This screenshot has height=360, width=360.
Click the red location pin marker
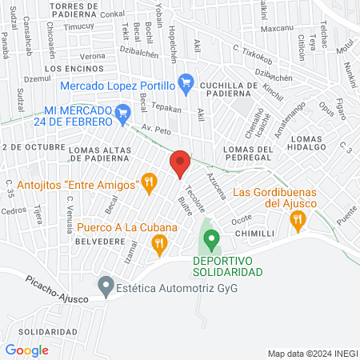click(180, 164)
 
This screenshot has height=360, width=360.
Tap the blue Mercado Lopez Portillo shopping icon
click(186, 82)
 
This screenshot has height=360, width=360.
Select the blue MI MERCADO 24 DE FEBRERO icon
click(122, 113)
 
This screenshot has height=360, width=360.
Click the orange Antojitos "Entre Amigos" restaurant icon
click(148, 183)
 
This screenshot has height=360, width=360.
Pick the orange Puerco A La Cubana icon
click(160, 243)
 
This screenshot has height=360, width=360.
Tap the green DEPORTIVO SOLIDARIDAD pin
click(211, 238)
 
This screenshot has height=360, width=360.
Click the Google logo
click(26, 350)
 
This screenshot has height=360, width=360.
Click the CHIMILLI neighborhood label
click(255, 233)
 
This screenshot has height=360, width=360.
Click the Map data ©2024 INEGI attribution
click(311, 353)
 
